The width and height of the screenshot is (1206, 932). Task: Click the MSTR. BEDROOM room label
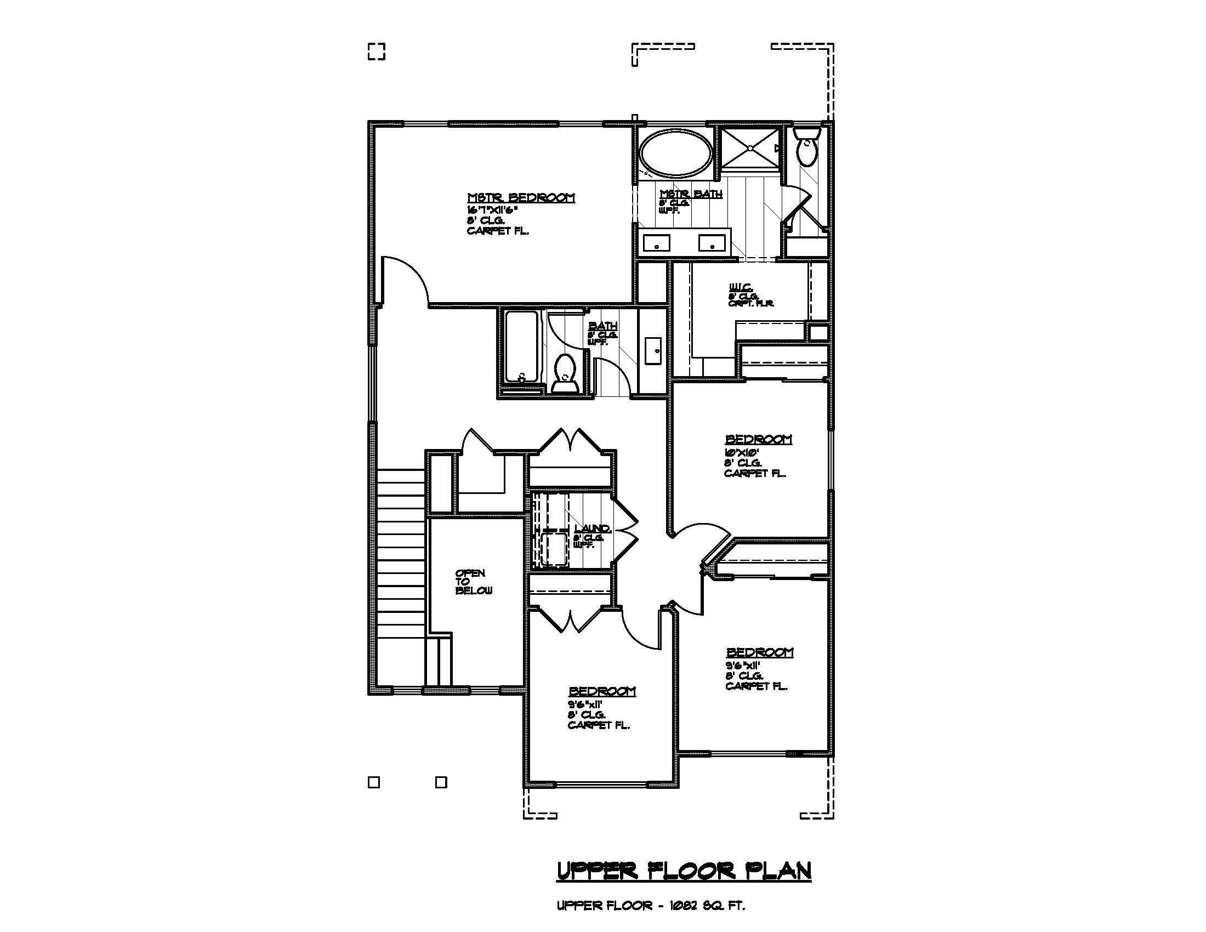click(x=521, y=198)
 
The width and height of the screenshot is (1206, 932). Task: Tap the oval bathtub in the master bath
click(x=676, y=154)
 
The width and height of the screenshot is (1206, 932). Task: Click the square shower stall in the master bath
click(x=750, y=147)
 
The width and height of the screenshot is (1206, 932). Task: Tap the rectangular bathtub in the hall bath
click(x=521, y=346)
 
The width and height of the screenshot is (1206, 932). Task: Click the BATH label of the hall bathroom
click(x=602, y=326)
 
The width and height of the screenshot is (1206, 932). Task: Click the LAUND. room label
click(x=592, y=528)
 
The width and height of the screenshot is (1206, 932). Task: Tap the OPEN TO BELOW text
click(x=473, y=582)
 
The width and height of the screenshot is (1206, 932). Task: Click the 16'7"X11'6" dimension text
click(x=492, y=210)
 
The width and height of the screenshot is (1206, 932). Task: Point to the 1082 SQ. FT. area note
click(x=707, y=906)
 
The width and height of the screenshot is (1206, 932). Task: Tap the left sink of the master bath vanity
click(x=656, y=243)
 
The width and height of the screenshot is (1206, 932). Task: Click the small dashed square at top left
click(x=376, y=52)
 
